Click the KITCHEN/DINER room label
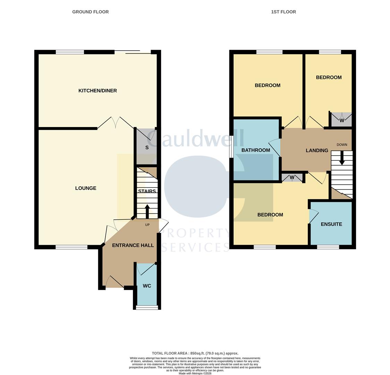(x=97, y=91)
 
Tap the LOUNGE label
(x=86, y=188)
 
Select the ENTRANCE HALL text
(x=133, y=245)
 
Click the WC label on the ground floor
(x=147, y=286)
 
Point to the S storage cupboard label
(x=147, y=148)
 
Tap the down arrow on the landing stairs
(x=342, y=158)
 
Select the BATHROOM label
(x=256, y=150)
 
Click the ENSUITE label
(x=331, y=224)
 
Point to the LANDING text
(x=317, y=151)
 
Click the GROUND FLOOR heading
(x=90, y=12)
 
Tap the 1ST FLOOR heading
(x=283, y=12)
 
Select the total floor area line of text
(x=195, y=353)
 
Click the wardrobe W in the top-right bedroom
(x=342, y=120)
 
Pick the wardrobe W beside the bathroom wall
(x=292, y=177)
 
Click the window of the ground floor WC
(x=147, y=307)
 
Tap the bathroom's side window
(x=231, y=149)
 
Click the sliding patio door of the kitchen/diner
(x=133, y=52)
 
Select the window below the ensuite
(x=328, y=247)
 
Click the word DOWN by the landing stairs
(x=342, y=145)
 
